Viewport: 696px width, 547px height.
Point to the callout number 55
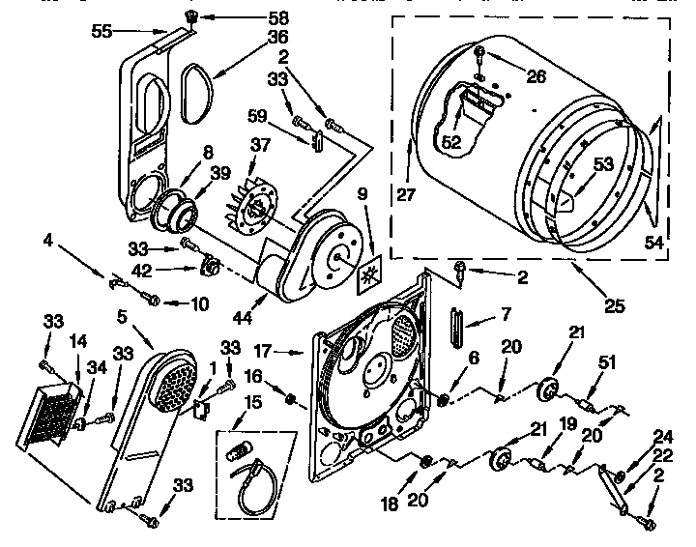(x=102, y=32)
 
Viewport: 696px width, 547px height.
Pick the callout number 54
(x=654, y=244)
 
